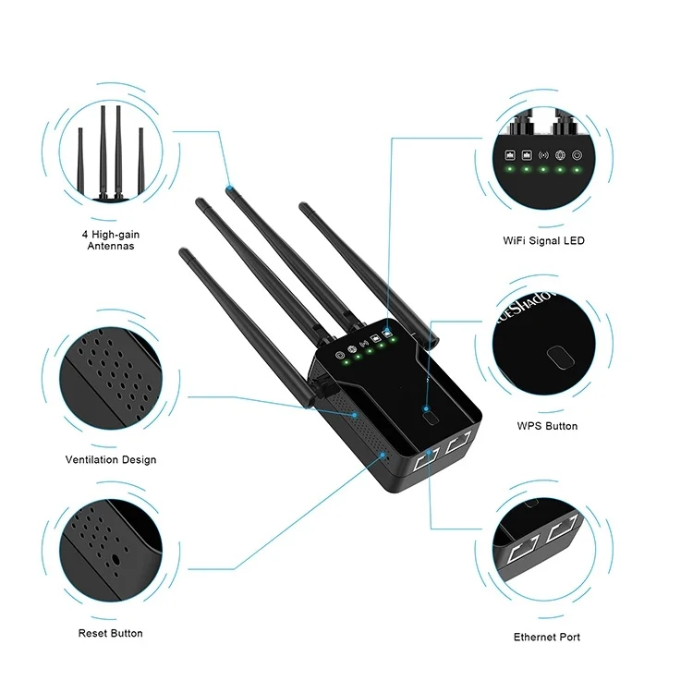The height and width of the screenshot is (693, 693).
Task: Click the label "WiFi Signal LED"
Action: (x=543, y=240)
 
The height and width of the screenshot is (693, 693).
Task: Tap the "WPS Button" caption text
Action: (x=547, y=426)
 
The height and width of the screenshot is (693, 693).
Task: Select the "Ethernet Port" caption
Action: (x=547, y=637)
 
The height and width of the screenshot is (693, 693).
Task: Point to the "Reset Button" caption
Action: (x=110, y=633)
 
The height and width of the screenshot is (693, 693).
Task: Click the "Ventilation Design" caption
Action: (x=110, y=459)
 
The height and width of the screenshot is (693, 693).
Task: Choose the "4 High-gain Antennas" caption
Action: (x=110, y=241)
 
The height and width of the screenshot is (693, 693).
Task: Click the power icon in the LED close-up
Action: (x=577, y=155)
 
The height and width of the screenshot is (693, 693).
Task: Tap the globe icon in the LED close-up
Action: (x=560, y=155)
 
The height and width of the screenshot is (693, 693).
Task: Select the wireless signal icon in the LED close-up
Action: (x=543, y=155)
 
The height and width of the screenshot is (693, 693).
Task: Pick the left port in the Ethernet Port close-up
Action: (x=522, y=551)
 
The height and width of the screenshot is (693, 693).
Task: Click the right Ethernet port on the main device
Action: (x=459, y=444)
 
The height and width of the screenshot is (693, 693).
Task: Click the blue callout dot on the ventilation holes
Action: (x=355, y=414)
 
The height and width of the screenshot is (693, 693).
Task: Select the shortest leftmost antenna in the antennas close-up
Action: (x=81, y=162)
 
